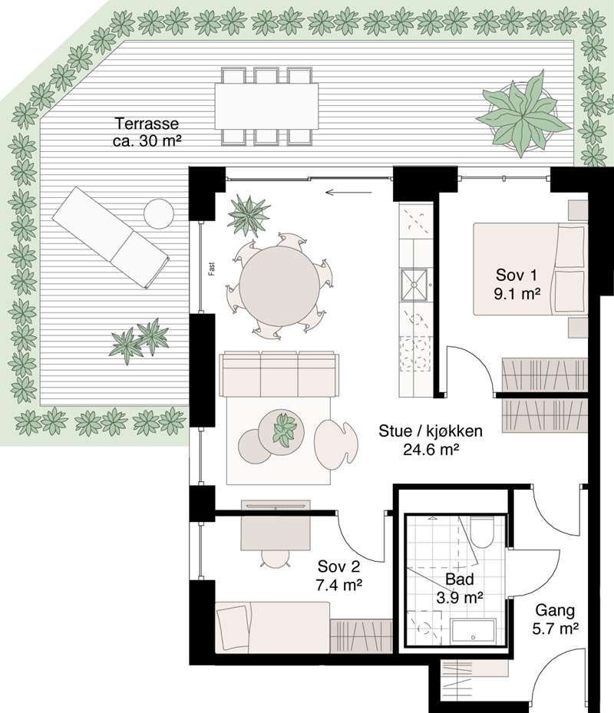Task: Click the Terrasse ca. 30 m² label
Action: coord(147,131)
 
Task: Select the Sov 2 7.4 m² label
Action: coord(340,576)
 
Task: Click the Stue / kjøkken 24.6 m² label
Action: coord(420,441)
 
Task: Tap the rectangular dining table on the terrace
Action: coord(266,106)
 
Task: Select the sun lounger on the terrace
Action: coord(110,237)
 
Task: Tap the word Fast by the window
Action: coord(210,268)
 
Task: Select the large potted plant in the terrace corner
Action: coord(524,116)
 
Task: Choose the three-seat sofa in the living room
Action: coord(279,374)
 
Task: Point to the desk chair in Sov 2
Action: coord(273,557)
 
